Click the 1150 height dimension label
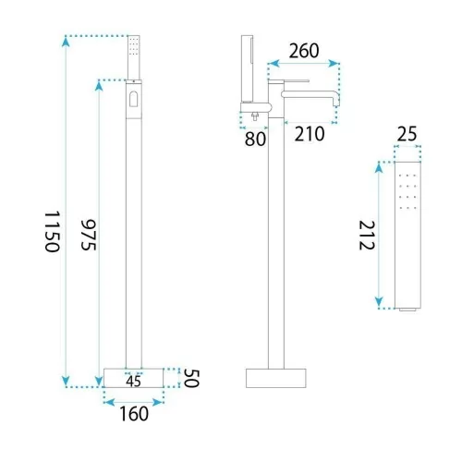[52, 232]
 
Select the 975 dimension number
[89, 235]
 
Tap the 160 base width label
[134, 414]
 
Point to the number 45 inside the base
[133, 382]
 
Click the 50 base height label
[191, 378]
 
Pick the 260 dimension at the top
[304, 51]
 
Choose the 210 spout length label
[310, 134]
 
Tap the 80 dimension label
[255, 139]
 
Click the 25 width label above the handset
[407, 134]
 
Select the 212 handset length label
[367, 236]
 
